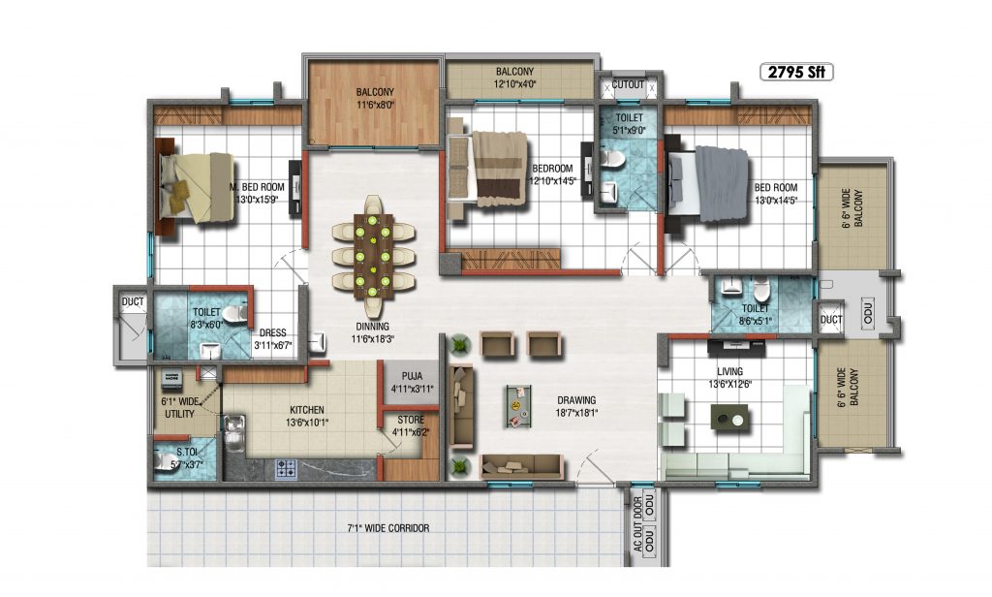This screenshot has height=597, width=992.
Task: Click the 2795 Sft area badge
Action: coord(796,72)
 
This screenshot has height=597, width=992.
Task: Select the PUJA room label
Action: coord(412,377)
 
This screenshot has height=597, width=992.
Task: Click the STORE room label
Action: coord(411,420)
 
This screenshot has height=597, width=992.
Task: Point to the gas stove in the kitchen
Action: coord(286,469)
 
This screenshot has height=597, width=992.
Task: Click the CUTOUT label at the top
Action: coord(628,84)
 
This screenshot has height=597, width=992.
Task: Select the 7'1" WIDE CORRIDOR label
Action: coord(388,528)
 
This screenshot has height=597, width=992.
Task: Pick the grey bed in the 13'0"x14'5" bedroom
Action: coord(707,183)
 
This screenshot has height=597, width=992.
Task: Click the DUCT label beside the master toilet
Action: coord(133,302)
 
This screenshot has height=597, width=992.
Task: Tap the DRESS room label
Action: coord(272,333)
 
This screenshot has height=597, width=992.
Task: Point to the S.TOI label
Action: coord(186,453)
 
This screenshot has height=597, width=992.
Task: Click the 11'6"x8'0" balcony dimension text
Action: coord(375,105)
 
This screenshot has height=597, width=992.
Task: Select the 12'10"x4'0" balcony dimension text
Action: coord(514,83)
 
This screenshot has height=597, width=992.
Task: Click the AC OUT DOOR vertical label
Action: coord(638,530)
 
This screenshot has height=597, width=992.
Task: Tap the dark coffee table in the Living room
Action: coord(729,418)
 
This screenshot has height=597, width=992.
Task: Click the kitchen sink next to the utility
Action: coord(234,433)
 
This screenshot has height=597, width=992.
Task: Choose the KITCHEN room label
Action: coord(307,410)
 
